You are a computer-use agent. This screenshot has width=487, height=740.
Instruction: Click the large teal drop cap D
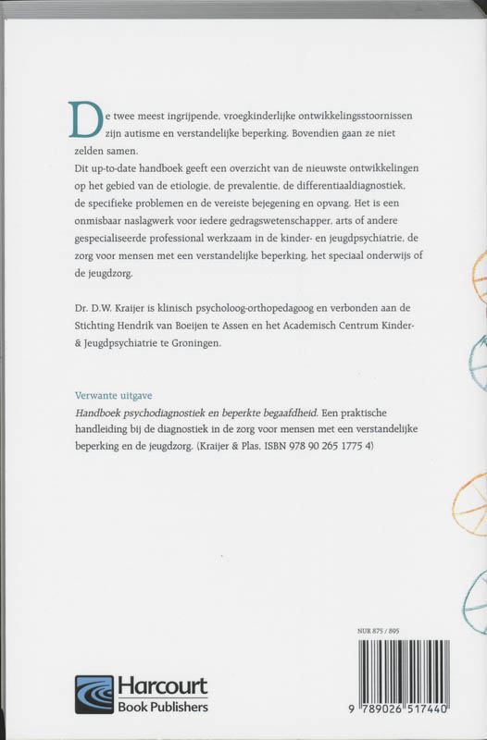(x=85, y=120)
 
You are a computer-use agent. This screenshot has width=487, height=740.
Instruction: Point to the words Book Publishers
(x=162, y=707)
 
